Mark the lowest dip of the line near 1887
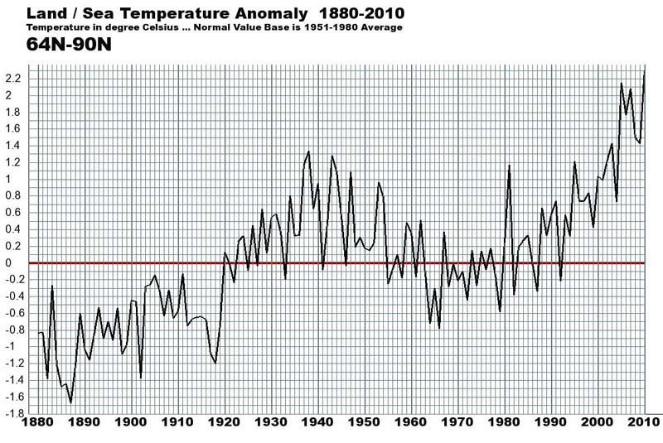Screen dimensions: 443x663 click(x=71, y=402)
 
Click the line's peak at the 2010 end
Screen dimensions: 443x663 click(x=644, y=73)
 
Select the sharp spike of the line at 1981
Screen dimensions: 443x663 click(x=509, y=166)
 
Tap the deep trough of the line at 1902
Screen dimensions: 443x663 click(x=141, y=378)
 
